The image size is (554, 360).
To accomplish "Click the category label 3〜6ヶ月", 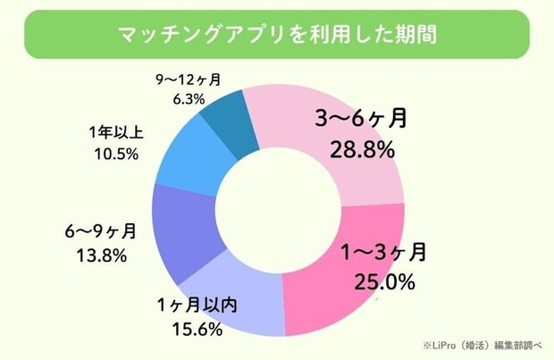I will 361,119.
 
